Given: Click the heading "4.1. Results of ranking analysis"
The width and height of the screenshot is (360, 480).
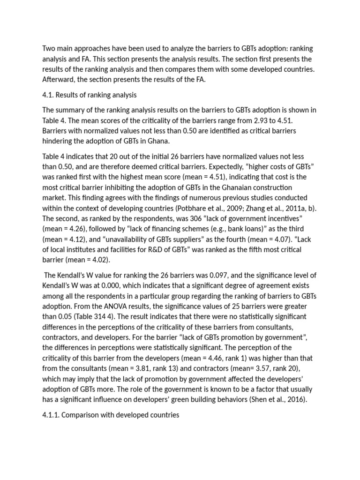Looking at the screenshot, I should click(89, 95).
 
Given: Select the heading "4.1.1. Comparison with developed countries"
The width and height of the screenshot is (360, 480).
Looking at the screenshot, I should click(111, 415).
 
